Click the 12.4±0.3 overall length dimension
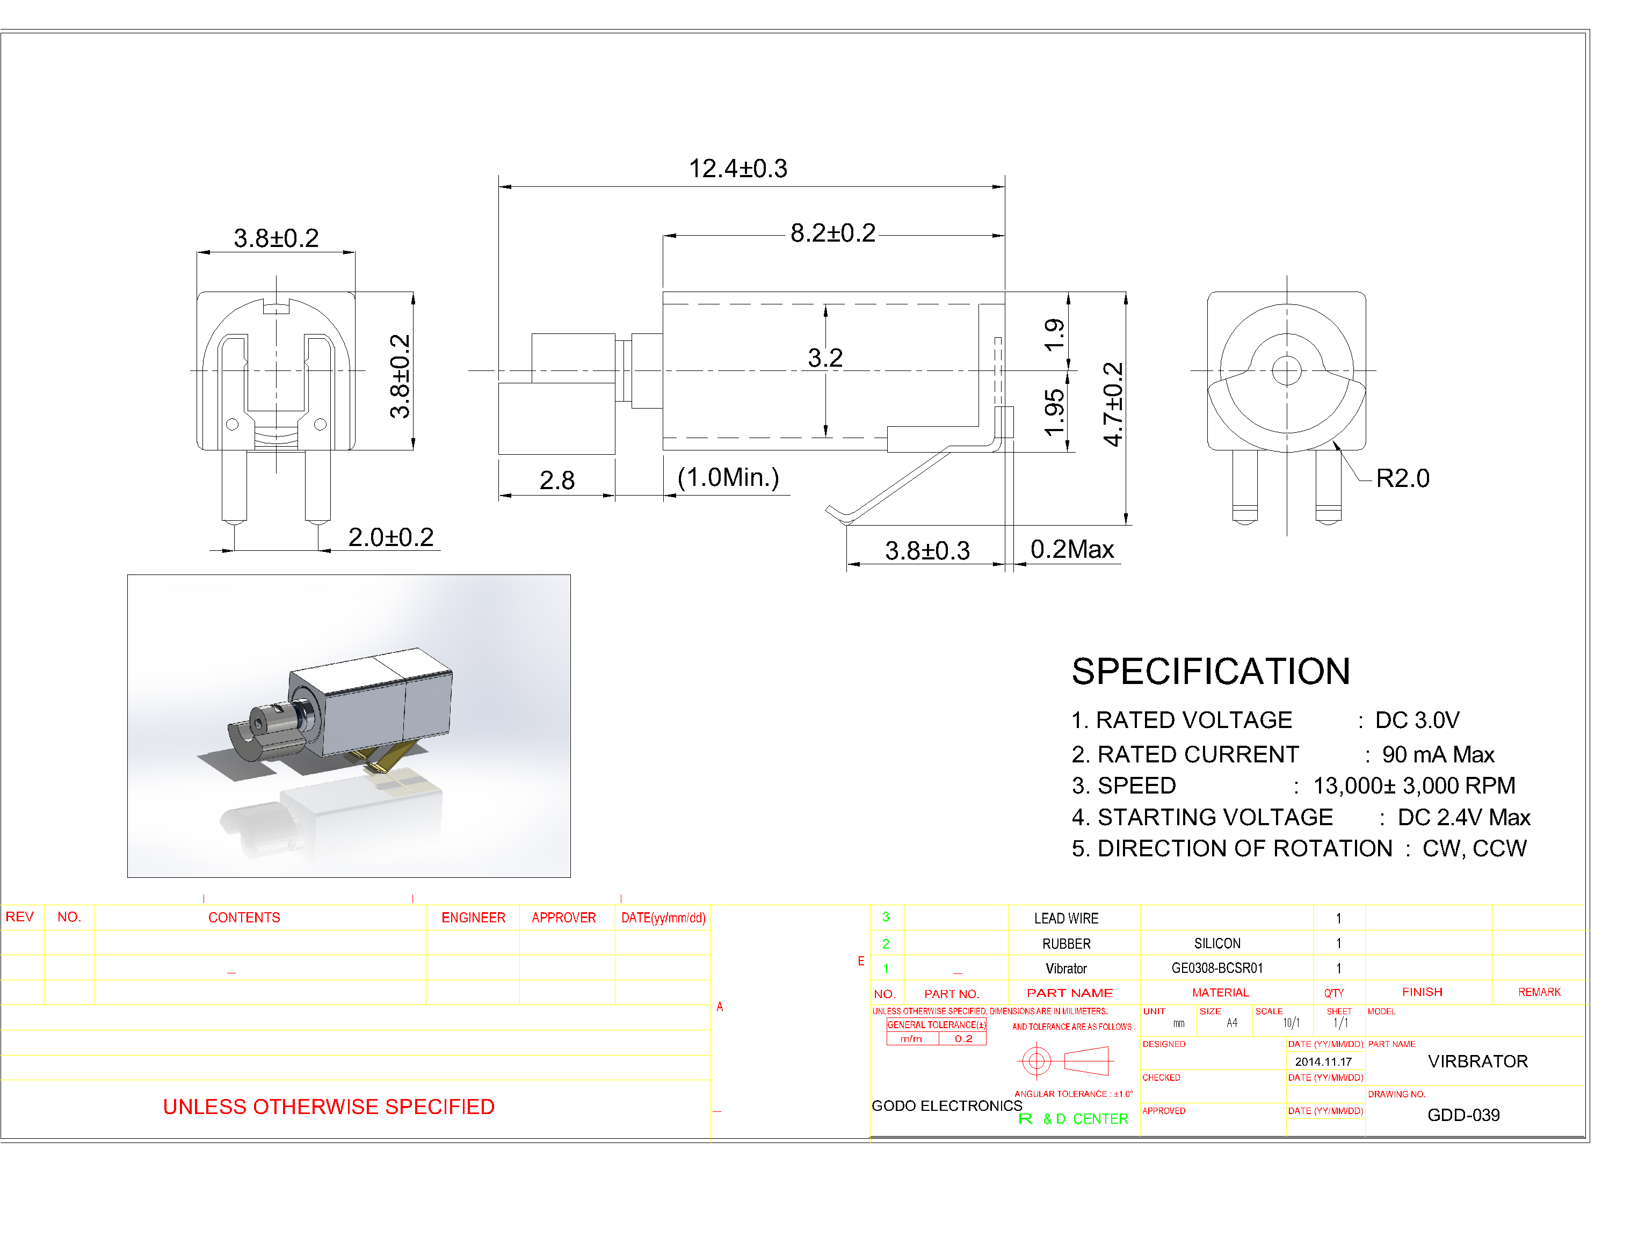coord(737,169)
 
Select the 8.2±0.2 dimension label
coord(832,234)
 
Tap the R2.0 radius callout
coord(1402,478)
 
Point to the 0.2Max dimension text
coord(1071,549)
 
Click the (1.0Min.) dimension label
coord(728,478)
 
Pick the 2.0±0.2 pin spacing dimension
coord(391,537)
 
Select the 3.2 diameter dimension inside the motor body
coord(824,358)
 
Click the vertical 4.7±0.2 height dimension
coord(1113,404)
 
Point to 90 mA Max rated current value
coord(1437,755)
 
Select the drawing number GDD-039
coord(1463,1115)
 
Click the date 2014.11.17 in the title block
coord(1323,1061)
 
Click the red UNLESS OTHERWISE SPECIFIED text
coord(328,1107)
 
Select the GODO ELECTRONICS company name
coord(946,1106)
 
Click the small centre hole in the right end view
coord(1287,371)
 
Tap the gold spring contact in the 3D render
coord(383,759)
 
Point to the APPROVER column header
coord(563,918)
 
